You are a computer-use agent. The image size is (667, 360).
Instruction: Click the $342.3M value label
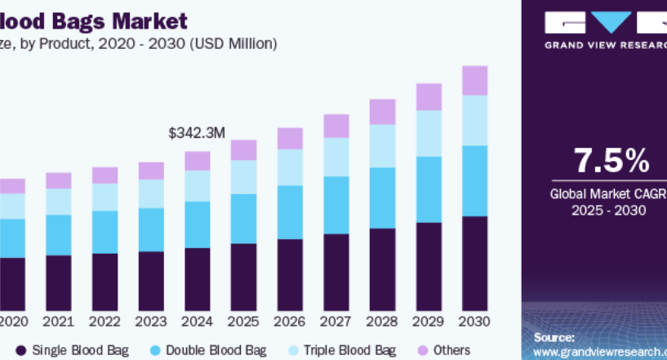pos(197,131)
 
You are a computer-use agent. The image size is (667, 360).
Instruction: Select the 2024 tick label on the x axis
pos(197,321)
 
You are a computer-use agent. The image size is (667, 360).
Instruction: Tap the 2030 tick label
pos(474,321)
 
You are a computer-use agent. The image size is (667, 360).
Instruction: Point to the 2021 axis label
pos(58,321)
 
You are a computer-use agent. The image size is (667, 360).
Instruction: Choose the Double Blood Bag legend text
pos(216,350)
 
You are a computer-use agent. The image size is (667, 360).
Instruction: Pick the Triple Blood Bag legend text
pos(349,350)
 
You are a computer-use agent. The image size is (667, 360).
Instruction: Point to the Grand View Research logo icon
pos(605,21)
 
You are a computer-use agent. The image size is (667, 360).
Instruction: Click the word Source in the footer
pos(554,337)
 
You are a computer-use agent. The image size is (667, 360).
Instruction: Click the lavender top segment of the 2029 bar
pos(429,96)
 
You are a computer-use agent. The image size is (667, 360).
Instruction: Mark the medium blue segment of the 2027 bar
pos(336,205)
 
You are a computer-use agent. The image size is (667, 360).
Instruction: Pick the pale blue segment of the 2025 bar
pos(243,176)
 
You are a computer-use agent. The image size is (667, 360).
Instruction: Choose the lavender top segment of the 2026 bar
pos(290,138)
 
